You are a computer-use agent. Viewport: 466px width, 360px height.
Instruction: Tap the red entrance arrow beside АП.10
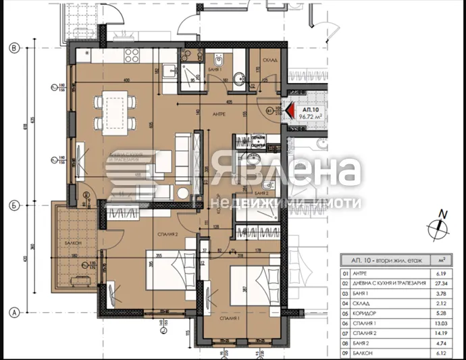click(290, 110)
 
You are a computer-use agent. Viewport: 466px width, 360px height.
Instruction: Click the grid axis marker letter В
click(12, 48)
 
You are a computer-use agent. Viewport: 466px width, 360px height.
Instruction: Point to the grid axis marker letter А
click(12, 312)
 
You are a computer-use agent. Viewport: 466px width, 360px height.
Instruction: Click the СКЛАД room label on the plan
click(270, 58)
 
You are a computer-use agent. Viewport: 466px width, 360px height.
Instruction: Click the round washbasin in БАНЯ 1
click(238, 83)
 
